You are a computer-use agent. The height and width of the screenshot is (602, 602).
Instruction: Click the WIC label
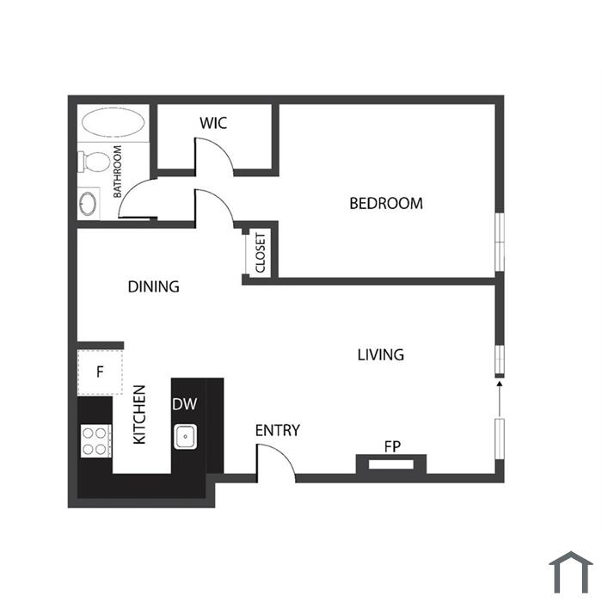pyautogui.click(x=213, y=123)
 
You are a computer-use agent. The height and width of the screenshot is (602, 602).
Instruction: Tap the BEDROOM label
pyautogui.click(x=386, y=204)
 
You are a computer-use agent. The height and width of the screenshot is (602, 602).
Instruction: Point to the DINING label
pyautogui.click(x=154, y=286)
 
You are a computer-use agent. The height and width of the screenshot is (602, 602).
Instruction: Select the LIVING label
pyautogui.click(x=380, y=354)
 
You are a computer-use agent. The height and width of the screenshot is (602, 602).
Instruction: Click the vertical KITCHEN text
pyautogui.click(x=139, y=415)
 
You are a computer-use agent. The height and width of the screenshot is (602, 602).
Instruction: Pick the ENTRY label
pyautogui.click(x=278, y=430)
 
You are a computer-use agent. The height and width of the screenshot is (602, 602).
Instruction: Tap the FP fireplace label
pyautogui.click(x=392, y=446)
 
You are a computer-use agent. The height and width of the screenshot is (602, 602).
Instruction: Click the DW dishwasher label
pyautogui.click(x=185, y=404)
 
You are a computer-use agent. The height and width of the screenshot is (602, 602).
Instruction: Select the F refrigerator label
pyautogui.click(x=100, y=372)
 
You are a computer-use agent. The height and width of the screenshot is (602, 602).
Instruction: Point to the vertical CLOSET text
pyautogui.click(x=261, y=253)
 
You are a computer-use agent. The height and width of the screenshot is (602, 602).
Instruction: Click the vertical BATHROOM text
pyautogui.click(x=117, y=171)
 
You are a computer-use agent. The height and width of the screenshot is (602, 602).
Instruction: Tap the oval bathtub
pyautogui.click(x=114, y=122)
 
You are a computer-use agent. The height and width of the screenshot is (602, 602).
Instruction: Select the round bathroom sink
pyautogui.click(x=88, y=204)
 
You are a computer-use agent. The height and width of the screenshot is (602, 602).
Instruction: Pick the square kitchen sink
pyautogui.click(x=186, y=437)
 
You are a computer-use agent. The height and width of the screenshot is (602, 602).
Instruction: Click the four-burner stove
pyautogui.click(x=96, y=440)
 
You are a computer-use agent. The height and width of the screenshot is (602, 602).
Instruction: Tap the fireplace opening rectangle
pyautogui.click(x=391, y=464)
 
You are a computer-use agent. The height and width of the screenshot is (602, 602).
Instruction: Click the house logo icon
pyautogui.click(x=571, y=572)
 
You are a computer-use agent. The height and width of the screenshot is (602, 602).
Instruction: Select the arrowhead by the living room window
pyautogui.click(x=500, y=384)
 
